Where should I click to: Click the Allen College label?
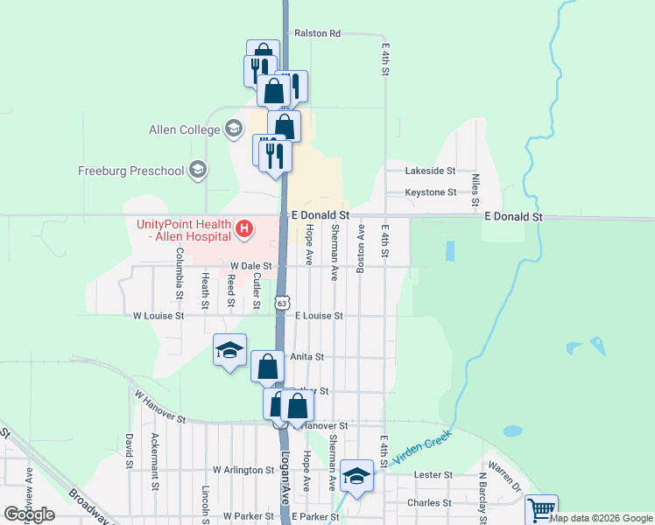click(184, 130)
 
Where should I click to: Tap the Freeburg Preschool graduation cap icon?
click(198, 170)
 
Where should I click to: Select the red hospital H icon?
click(245, 230)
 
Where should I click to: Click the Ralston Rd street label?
click(317, 33)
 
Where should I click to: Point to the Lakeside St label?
click(430, 171)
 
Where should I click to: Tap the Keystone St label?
click(430, 192)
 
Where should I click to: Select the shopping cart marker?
click(541, 508)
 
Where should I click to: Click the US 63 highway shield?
click(280, 303)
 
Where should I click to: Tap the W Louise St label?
click(158, 315)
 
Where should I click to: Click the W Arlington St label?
click(243, 470)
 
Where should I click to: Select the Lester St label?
click(433, 474)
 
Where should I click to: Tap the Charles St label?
click(429, 503)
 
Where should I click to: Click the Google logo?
click(28, 514)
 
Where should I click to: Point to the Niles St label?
click(475, 189)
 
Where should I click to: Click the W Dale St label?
click(251, 265)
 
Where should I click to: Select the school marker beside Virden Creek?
click(356, 475)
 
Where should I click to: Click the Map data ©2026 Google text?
click(602, 518)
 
